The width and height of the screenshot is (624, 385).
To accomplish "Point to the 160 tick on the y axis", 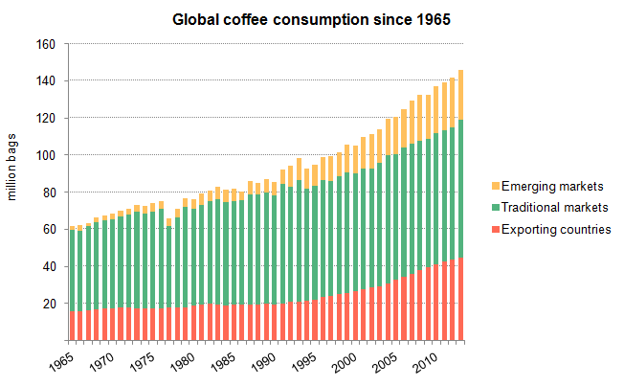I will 46,44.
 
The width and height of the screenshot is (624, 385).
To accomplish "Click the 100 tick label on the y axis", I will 46,155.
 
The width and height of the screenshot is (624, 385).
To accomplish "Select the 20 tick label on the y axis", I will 49,304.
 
